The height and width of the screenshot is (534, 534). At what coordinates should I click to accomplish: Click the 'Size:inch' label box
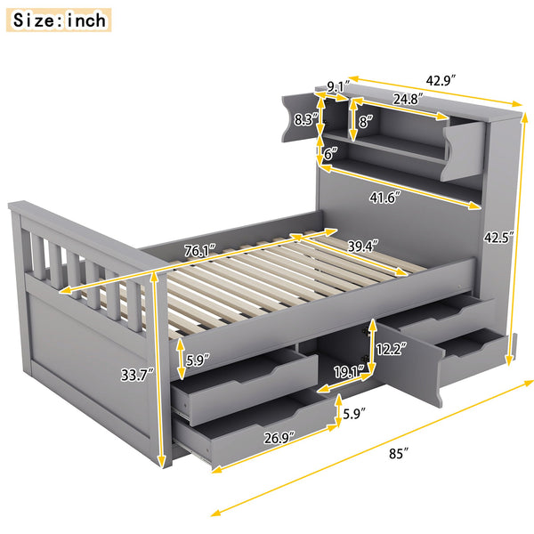click(x=60, y=19)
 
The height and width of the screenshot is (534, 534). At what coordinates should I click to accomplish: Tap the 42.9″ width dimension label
click(x=441, y=80)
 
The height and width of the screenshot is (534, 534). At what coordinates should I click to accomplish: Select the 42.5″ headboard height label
click(x=500, y=238)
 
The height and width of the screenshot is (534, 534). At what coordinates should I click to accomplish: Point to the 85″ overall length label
click(x=399, y=453)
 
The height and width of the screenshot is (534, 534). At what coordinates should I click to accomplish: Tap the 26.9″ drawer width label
click(x=282, y=437)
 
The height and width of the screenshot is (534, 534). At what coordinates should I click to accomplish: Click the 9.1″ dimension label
click(x=336, y=87)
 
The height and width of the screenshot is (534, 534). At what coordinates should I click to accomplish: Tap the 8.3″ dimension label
click(x=306, y=119)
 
